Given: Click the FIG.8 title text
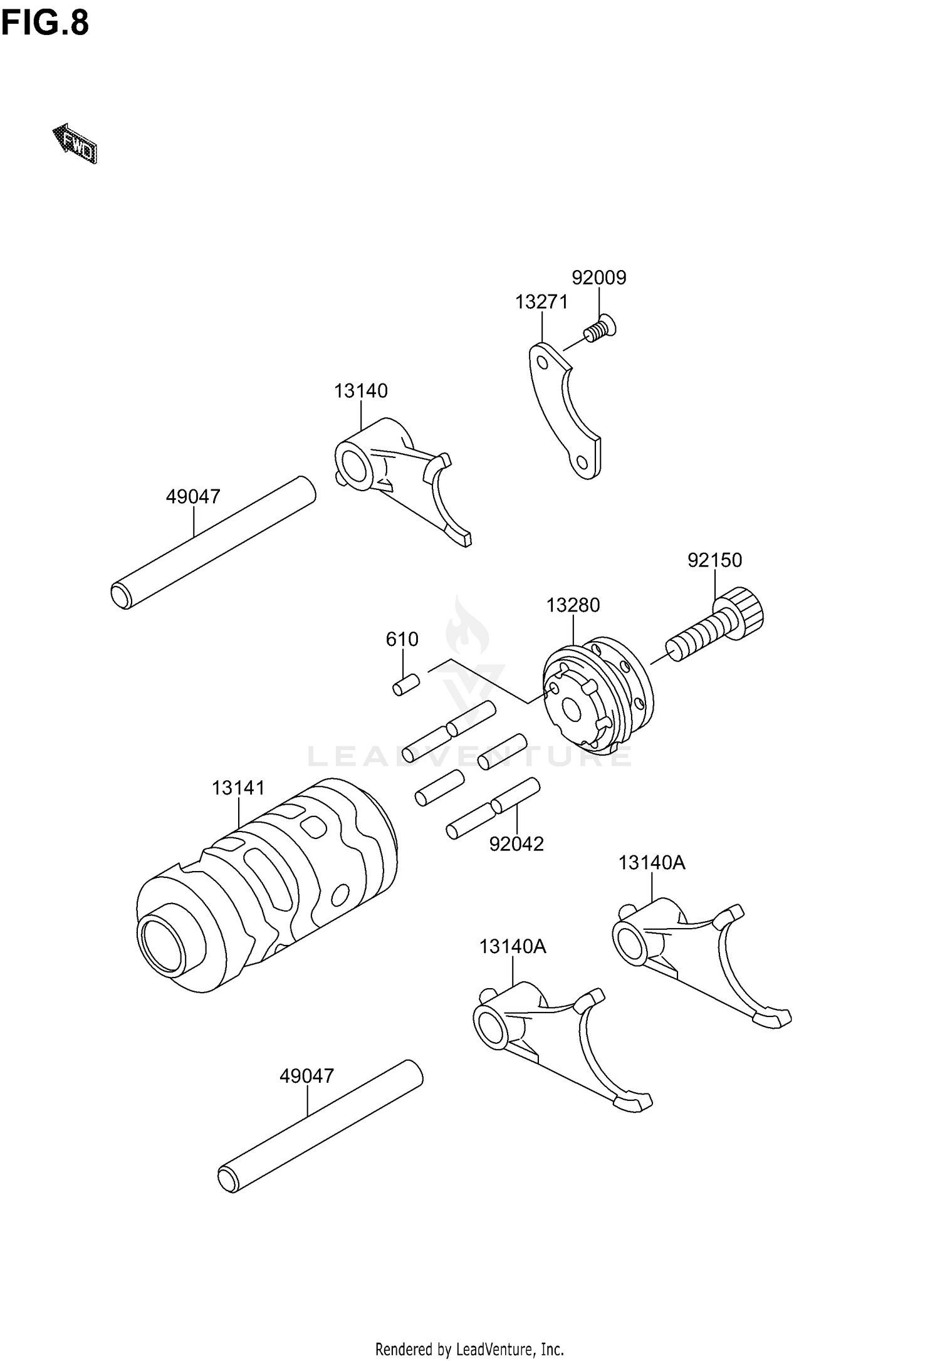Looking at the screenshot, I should click(x=45, y=24).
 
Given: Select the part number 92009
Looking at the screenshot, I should click(x=598, y=278).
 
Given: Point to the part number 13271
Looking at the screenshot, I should click(x=541, y=302).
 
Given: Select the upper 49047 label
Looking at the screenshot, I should click(x=193, y=497).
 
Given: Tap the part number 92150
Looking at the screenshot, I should click(x=714, y=560).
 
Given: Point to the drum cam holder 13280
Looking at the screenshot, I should click(x=595, y=696).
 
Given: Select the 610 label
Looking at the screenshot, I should click(x=402, y=639).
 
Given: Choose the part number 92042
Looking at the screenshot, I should click(x=516, y=844).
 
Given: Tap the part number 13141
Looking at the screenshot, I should click(x=238, y=788).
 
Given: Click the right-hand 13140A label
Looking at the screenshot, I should click(x=652, y=863).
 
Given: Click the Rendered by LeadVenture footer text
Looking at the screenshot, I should click(x=469, y=1348).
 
